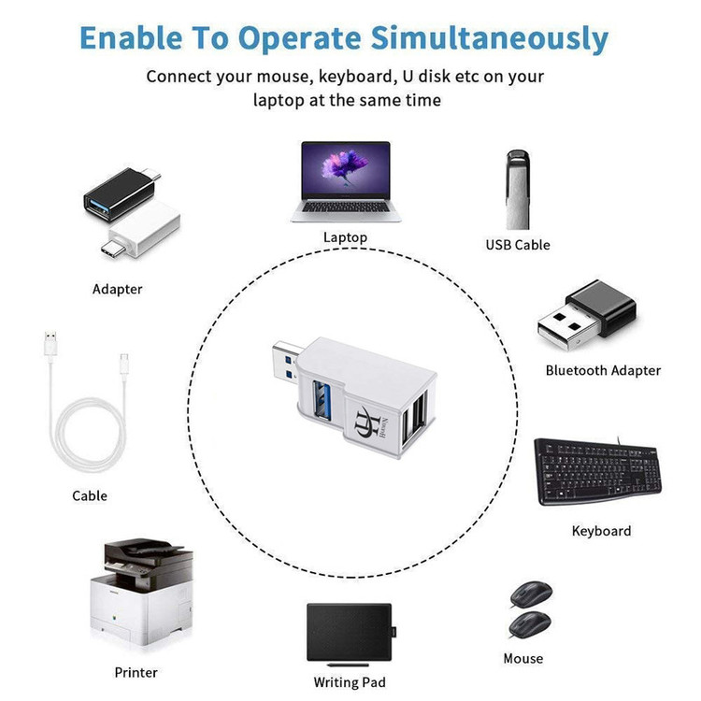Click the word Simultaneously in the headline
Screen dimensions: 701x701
(x=489, y=38)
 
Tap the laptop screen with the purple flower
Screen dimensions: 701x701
(x=346, y=170)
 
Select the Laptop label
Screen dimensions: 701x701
(x=345, y=237)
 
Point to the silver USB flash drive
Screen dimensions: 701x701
(x=518, y=190)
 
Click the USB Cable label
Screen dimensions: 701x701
(x=518, y=245)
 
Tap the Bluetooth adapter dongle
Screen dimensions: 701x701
(x=587, y=316)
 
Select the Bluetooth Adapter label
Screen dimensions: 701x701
(x=603, y=370)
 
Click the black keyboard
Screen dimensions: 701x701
(x=597, y=471)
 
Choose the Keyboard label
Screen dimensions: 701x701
(x=601, y=531)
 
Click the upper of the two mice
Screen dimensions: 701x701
(x=531, y=594)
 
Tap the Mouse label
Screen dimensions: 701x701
(x=523, y=658)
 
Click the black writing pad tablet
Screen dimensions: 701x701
(x=350, y=632)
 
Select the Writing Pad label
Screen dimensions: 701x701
(x=350, y=682)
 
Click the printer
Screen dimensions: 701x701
(x=142, y=592)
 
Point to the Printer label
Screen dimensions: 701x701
(x=136, y=672)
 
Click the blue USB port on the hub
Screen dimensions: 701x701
(x=322, y=399)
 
